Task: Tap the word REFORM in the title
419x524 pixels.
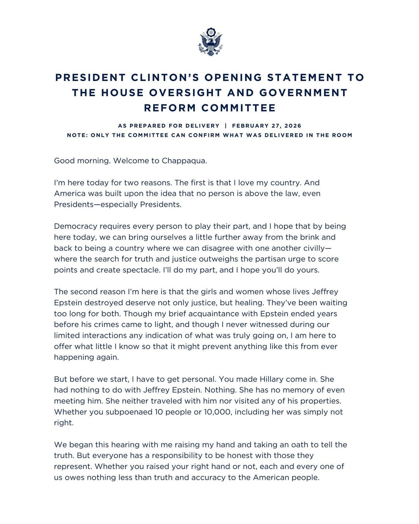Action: [170, 108]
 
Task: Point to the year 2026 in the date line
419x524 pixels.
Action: [293, 126]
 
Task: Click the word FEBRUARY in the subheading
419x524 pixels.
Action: [250, 126]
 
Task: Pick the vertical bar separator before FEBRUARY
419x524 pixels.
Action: [225, 126]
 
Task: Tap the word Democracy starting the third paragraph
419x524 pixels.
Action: [76, 226]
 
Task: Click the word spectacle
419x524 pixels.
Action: [140, 270]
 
